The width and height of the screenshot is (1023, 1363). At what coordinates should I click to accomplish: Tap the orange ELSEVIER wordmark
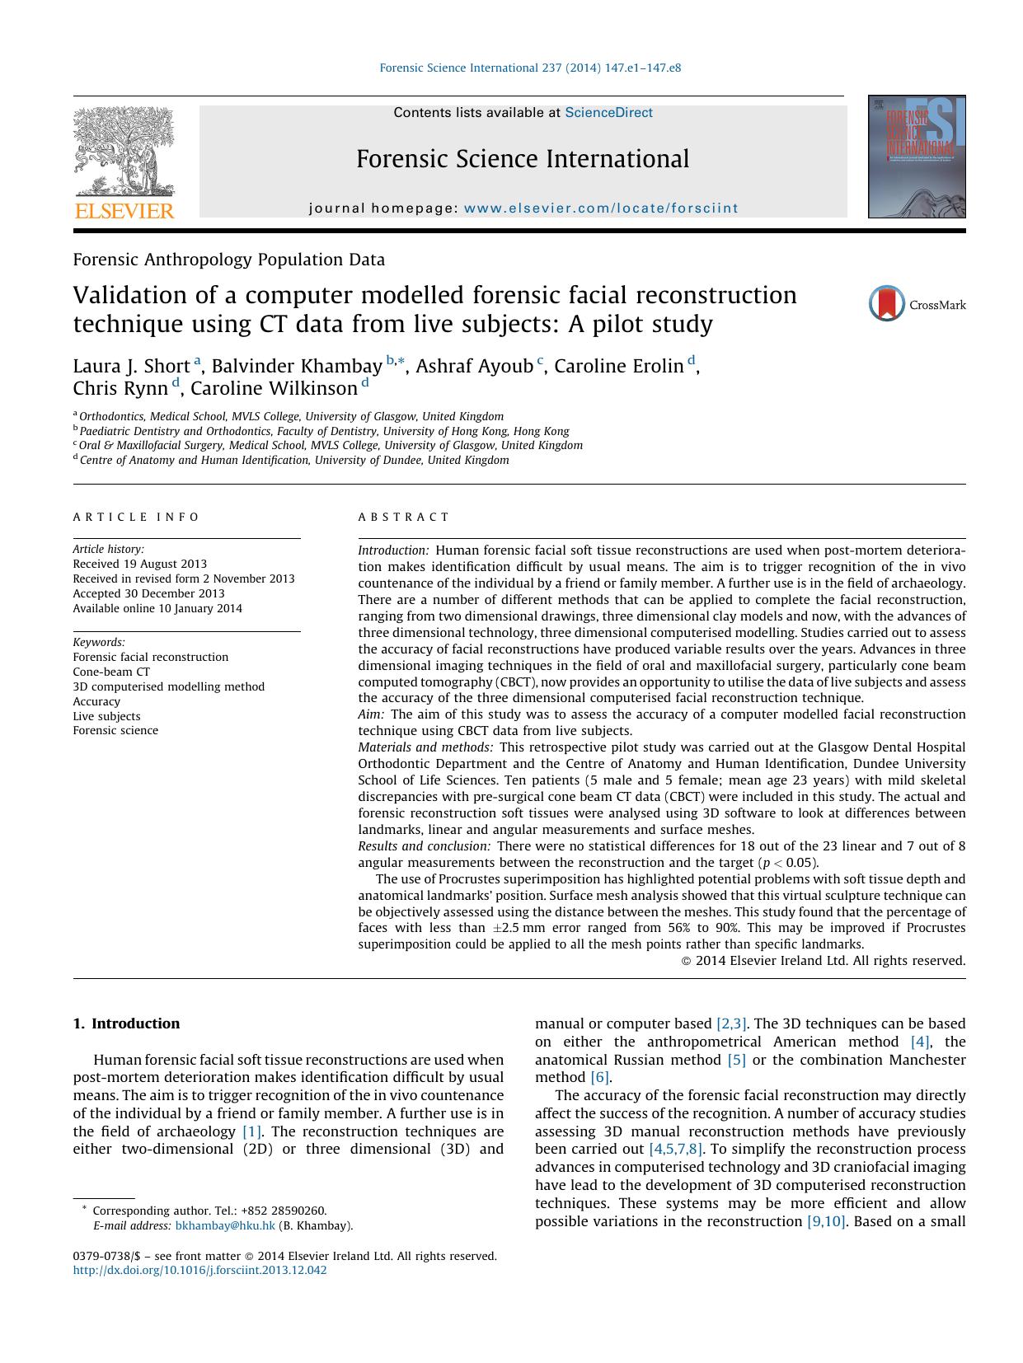(124, 211)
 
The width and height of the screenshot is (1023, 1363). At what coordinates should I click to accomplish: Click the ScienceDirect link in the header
(608, 113)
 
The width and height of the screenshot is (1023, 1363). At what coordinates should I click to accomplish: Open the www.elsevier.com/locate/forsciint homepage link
(601, 208)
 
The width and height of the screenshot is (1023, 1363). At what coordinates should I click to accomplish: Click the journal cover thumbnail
(916, 157)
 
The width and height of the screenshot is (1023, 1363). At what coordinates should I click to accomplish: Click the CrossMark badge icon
(887, 304)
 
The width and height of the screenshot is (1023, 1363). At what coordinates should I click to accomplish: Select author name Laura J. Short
(131, 366)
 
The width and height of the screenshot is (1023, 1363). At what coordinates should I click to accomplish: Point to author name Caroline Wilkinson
(274, 388)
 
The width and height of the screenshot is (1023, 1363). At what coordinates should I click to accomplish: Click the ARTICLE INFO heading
(136, 518)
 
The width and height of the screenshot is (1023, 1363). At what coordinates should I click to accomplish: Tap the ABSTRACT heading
(404, 518)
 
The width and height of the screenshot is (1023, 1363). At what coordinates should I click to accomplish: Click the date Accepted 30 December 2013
(148, 593)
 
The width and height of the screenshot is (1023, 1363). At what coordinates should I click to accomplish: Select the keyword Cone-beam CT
(111, 672)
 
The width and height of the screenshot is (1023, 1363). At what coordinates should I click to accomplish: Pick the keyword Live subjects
(106, 716)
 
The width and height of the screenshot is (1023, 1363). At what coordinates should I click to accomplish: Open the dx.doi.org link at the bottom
(199, 1270)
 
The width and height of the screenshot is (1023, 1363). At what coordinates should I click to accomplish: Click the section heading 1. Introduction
(126, 1023)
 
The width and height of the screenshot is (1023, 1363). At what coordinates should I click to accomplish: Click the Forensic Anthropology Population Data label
(228, 260)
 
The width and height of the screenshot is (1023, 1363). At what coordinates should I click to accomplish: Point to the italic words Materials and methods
(425, 747)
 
